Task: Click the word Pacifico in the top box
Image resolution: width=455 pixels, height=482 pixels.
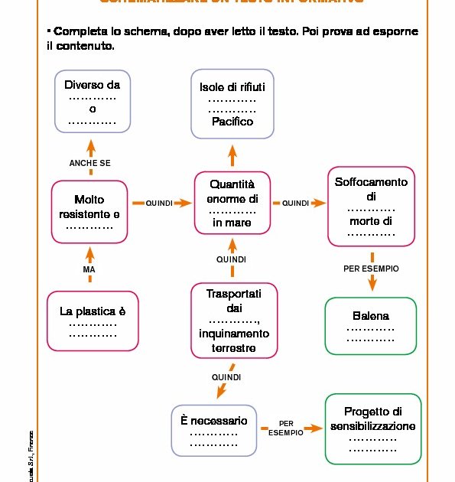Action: [232, 121]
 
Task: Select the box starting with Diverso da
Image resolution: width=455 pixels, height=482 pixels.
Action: [93, 101]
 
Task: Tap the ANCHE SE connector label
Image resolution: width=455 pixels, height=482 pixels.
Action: [89, 163]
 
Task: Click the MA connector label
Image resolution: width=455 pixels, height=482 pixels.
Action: [89, 270]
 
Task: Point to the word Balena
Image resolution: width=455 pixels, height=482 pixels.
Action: [371, 315]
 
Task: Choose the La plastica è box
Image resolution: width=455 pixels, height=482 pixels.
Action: [93, 321]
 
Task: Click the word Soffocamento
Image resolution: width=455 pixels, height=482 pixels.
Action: [371, 182]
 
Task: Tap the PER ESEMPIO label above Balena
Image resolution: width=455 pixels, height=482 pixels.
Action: [371, 269]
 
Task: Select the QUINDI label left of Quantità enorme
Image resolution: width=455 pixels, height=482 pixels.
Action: [159, 204]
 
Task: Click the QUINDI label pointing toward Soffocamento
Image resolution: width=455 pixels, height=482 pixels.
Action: [295, 204]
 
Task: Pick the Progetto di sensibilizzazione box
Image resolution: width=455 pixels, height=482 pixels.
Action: [372, 428]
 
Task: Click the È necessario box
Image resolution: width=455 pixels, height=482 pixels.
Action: [214, 431]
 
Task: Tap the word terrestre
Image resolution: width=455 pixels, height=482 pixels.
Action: [232, 348]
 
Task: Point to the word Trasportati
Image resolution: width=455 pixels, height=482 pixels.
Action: [233, 294]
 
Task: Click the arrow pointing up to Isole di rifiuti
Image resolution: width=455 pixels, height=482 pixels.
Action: [232, 156]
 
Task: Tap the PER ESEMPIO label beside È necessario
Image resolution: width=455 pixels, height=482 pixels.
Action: [286, 428]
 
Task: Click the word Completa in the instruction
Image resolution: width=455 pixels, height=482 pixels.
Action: [80, 33]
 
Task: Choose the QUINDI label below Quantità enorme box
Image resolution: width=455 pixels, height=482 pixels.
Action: [232, 260]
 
